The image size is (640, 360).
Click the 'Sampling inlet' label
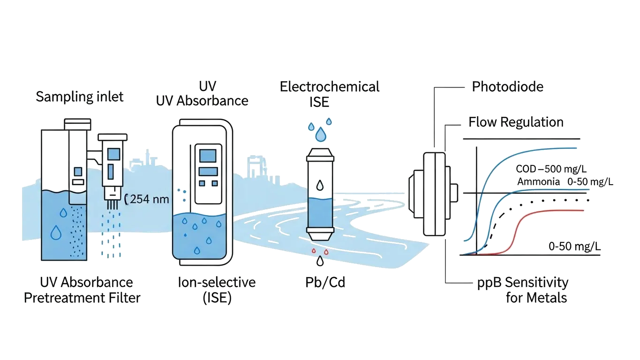click(x=80, y=97)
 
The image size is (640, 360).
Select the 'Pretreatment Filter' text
click(x=82, y=298)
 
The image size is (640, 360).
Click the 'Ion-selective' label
click(x=216, y=282)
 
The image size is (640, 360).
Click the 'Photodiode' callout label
click(x=508, y=87)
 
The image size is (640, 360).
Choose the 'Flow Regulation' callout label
click(x=516, y=122)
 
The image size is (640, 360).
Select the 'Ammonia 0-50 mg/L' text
click(x=565, y=182)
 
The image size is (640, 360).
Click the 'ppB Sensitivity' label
click(x=523, y=283)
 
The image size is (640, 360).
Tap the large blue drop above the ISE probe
click(x=321, y=135)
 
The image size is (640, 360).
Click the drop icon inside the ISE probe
click(x=320, y=186)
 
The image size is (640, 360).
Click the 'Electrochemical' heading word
click(x=329, y=87)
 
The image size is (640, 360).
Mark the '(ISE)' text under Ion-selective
click(x=217, y=298)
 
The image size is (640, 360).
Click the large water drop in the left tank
click(x=56, y=232)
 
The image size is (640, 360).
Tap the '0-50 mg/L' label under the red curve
click(x=574, y=246)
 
